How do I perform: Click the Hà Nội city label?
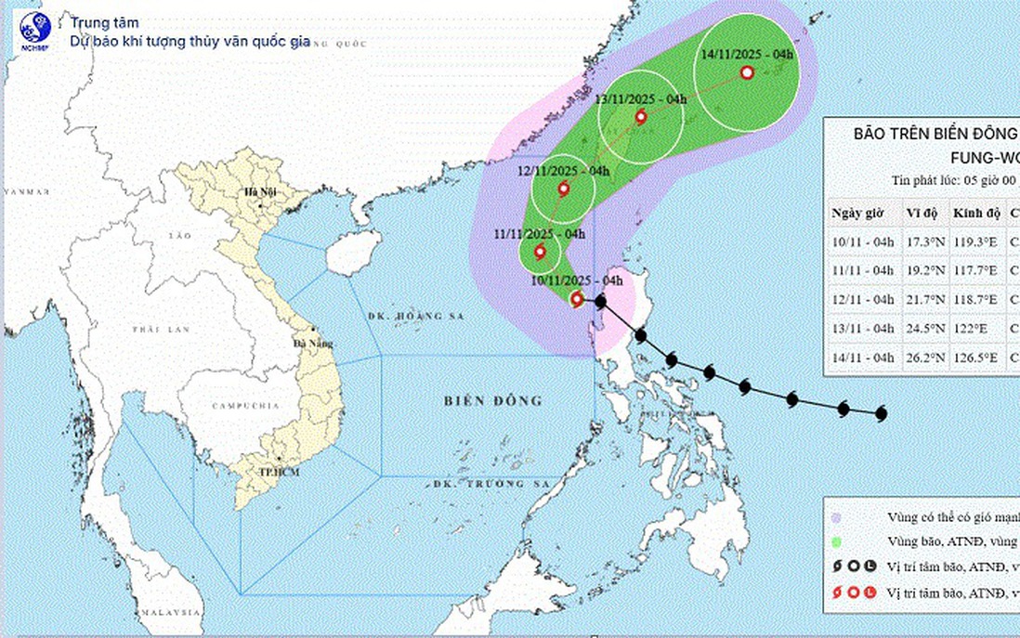point(255,192)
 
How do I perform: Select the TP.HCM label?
point(259,472)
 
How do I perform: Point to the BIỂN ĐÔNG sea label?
point(492,400)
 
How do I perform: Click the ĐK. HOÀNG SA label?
point(404,317)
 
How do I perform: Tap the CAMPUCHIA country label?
point(246,406)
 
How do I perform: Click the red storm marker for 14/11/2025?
point(747,72)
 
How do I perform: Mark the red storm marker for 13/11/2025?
point(640,116)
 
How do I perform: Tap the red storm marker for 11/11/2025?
point(540,251)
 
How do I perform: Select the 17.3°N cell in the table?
point(920,244)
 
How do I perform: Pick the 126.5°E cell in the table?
point(975,357)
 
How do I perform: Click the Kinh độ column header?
point(975,214)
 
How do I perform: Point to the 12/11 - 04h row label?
point(863,301)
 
